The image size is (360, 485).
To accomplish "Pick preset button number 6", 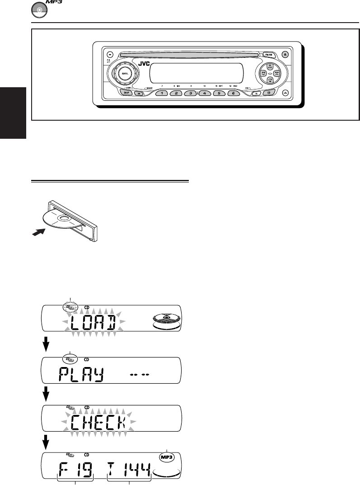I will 233,93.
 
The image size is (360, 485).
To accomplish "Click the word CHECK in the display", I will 100,424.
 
